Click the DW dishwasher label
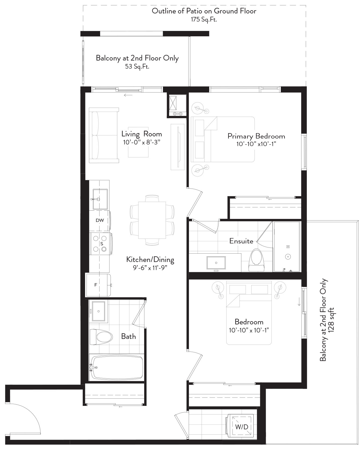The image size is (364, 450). pos(100,220)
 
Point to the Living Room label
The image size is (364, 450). pos(142,134)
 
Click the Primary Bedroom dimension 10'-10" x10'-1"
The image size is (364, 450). pos(256,144)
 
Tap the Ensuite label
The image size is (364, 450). pos(241,241)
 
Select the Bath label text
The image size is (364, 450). pos(129,336)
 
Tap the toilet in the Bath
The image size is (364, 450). pos(101,337)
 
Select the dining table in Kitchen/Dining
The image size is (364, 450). pos(152,220)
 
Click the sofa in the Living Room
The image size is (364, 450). pos(104,135)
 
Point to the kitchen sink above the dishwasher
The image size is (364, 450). pos(100,199)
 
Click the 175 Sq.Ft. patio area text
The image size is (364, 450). pos(204,19)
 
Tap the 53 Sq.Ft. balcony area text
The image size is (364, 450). pos(137,66)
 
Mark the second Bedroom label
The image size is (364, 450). pos(249,322)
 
